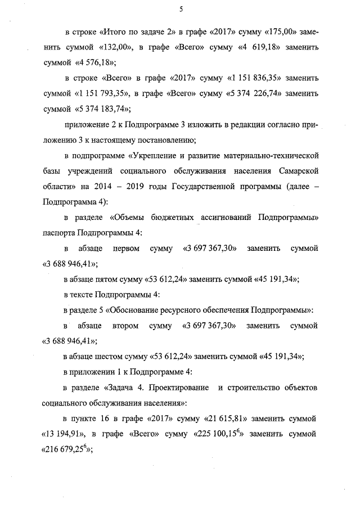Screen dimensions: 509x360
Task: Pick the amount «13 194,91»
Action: (64, 435)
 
